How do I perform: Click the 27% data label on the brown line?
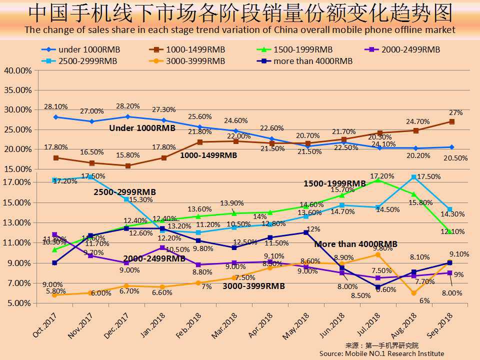[455, 113]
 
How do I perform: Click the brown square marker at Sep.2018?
[451, 121]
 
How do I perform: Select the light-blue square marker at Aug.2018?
[413, 177]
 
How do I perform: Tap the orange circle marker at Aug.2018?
[413, 293]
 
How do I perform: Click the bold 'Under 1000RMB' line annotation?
[142, 128]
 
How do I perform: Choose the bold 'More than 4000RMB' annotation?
[355, 244]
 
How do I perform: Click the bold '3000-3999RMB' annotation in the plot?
[254, 286]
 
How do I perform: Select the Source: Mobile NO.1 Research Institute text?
[381, 353]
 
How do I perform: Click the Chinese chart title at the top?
[240, 13]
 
